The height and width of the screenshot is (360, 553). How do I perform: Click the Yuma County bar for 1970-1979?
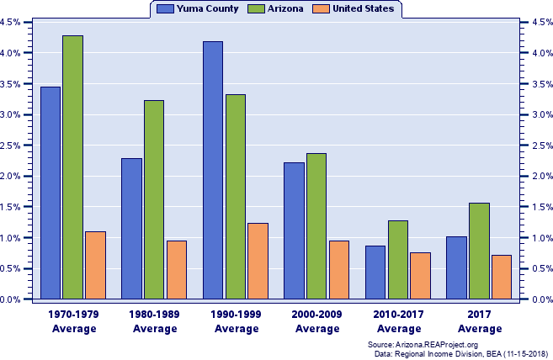[x=51, y=193]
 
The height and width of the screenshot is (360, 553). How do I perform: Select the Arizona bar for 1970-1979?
[x=73, y=167]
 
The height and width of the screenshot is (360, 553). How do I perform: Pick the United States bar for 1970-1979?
[x=95, y=265]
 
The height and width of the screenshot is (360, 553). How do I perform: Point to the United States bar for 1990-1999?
[x=258, y=261]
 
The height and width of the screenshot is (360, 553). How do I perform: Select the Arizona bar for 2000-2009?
[x=316, y=226]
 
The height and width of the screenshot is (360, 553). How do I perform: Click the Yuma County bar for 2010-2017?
[x=375, y=273]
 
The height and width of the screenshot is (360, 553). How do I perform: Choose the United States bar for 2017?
[x=502, y=277]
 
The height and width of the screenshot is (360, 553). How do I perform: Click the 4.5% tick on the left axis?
[x=11, y=23]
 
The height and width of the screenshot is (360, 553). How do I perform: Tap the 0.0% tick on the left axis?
[x=11, y=299]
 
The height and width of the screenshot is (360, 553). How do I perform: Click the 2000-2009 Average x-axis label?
[x=317, y=321]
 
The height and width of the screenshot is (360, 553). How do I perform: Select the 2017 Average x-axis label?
[x=480, y=321]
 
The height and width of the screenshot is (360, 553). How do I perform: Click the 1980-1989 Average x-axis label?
[x=155, y=321]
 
